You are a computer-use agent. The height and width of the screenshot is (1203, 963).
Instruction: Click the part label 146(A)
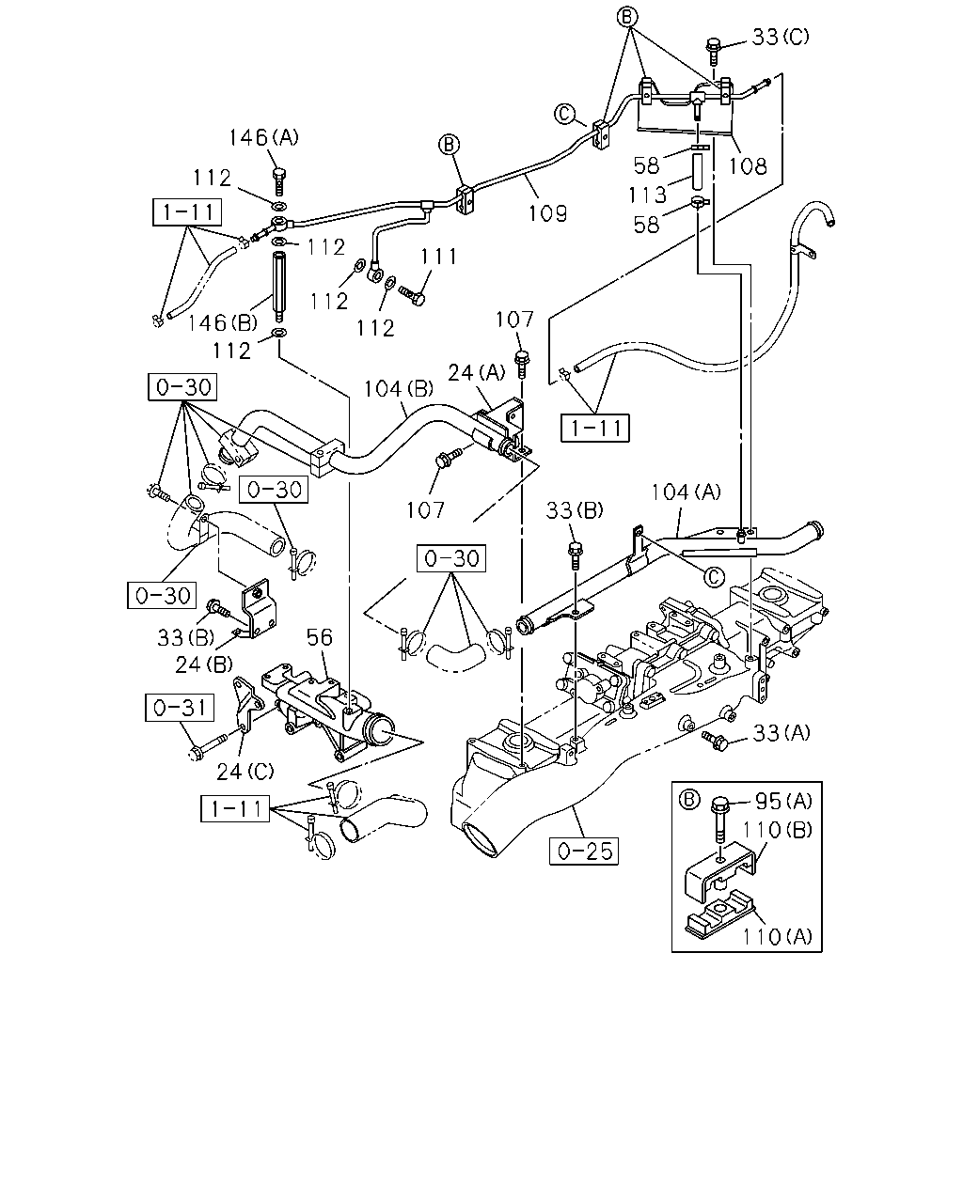point(263,137)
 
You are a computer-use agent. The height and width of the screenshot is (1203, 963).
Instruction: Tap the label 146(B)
point(223,322)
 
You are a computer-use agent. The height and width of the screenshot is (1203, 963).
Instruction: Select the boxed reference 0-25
point(584,851)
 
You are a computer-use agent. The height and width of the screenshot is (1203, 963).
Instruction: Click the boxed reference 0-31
point(180,708)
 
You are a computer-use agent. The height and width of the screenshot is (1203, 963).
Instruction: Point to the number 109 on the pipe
point(548,213)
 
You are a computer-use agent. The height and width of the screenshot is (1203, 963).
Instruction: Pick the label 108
point(748,165)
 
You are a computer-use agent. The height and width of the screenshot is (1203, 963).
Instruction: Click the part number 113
point(647,195)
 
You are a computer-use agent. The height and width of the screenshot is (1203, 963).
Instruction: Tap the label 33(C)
point(781,37)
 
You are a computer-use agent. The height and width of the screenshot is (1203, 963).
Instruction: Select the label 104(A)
point(686,492)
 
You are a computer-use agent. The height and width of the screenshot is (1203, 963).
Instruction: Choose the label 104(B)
point(399,388)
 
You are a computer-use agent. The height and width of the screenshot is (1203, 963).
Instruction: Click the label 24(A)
point(476,372)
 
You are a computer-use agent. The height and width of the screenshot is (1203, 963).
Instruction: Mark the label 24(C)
point(245,772)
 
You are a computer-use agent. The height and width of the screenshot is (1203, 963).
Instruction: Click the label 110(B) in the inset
point(777,830)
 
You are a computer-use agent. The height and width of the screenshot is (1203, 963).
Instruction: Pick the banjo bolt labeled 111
point(412,296)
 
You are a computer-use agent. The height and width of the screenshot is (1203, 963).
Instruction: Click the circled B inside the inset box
point(688,800)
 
